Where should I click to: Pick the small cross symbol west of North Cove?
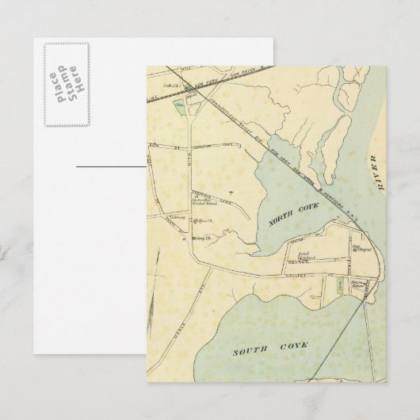[x=231, y=193]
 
